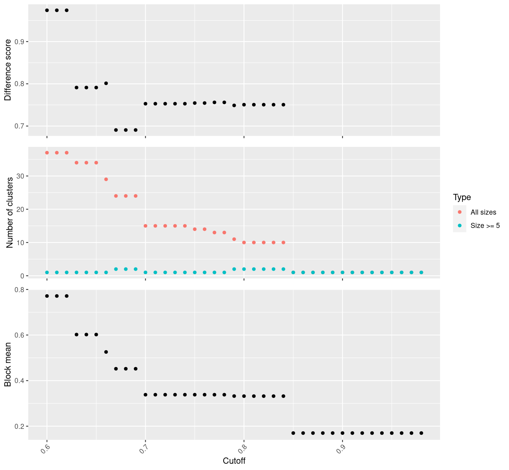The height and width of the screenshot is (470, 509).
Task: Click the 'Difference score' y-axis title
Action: tap(8, 70)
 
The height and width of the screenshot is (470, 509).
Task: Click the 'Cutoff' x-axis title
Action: tap(234, 461)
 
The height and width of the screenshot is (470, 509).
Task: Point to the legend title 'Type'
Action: tap(462, 197)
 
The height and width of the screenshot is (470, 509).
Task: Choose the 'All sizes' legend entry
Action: tap(483, 212)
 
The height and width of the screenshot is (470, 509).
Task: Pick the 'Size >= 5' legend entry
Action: tap(485, 226)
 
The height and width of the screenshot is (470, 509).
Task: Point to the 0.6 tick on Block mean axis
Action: tap(19, 335)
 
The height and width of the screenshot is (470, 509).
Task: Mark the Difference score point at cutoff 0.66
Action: tap(106, 83)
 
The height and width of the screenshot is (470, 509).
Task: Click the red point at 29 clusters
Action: tap(106, 179)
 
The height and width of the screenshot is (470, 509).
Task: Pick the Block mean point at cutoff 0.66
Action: tap(106, 352)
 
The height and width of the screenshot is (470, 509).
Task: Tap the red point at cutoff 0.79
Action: tap(234, 239)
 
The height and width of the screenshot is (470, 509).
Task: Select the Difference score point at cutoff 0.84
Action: tap(283, 105)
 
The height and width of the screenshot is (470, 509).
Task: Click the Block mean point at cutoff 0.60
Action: tap(47, 296)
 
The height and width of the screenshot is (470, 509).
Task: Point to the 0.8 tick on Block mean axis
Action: tap(19, 290)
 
